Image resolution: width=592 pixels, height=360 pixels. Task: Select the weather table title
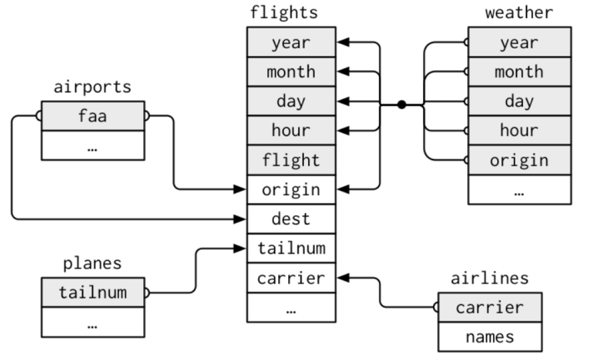click(x=519, y=13)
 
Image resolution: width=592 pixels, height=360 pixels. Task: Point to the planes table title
click(x=92, y=263)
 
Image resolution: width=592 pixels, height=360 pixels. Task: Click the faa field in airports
click(x=92, y=117)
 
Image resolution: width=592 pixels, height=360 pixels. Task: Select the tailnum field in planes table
click(x=92, y=292)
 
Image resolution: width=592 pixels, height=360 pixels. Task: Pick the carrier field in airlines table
click(x=490, y=307)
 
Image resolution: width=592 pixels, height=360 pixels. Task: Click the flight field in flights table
click(x=291, y=159)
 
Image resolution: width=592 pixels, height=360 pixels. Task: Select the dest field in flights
click(x=291, y=218)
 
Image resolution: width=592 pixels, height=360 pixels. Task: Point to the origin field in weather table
click(x=519, y=159)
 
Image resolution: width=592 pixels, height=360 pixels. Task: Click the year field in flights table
click(x=291, y=42)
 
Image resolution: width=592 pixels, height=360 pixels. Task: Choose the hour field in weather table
click(x=519, y=130)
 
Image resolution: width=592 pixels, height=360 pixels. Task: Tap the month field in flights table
click(x=291, y=72)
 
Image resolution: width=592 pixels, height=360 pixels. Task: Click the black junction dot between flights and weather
click(x=401, y=104)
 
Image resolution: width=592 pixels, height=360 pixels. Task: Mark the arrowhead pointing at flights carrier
click(x=342, y=277)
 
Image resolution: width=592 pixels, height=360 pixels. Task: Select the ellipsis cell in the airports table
click(x=92, y=146)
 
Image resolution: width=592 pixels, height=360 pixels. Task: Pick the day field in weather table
click(x=519, y=101)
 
